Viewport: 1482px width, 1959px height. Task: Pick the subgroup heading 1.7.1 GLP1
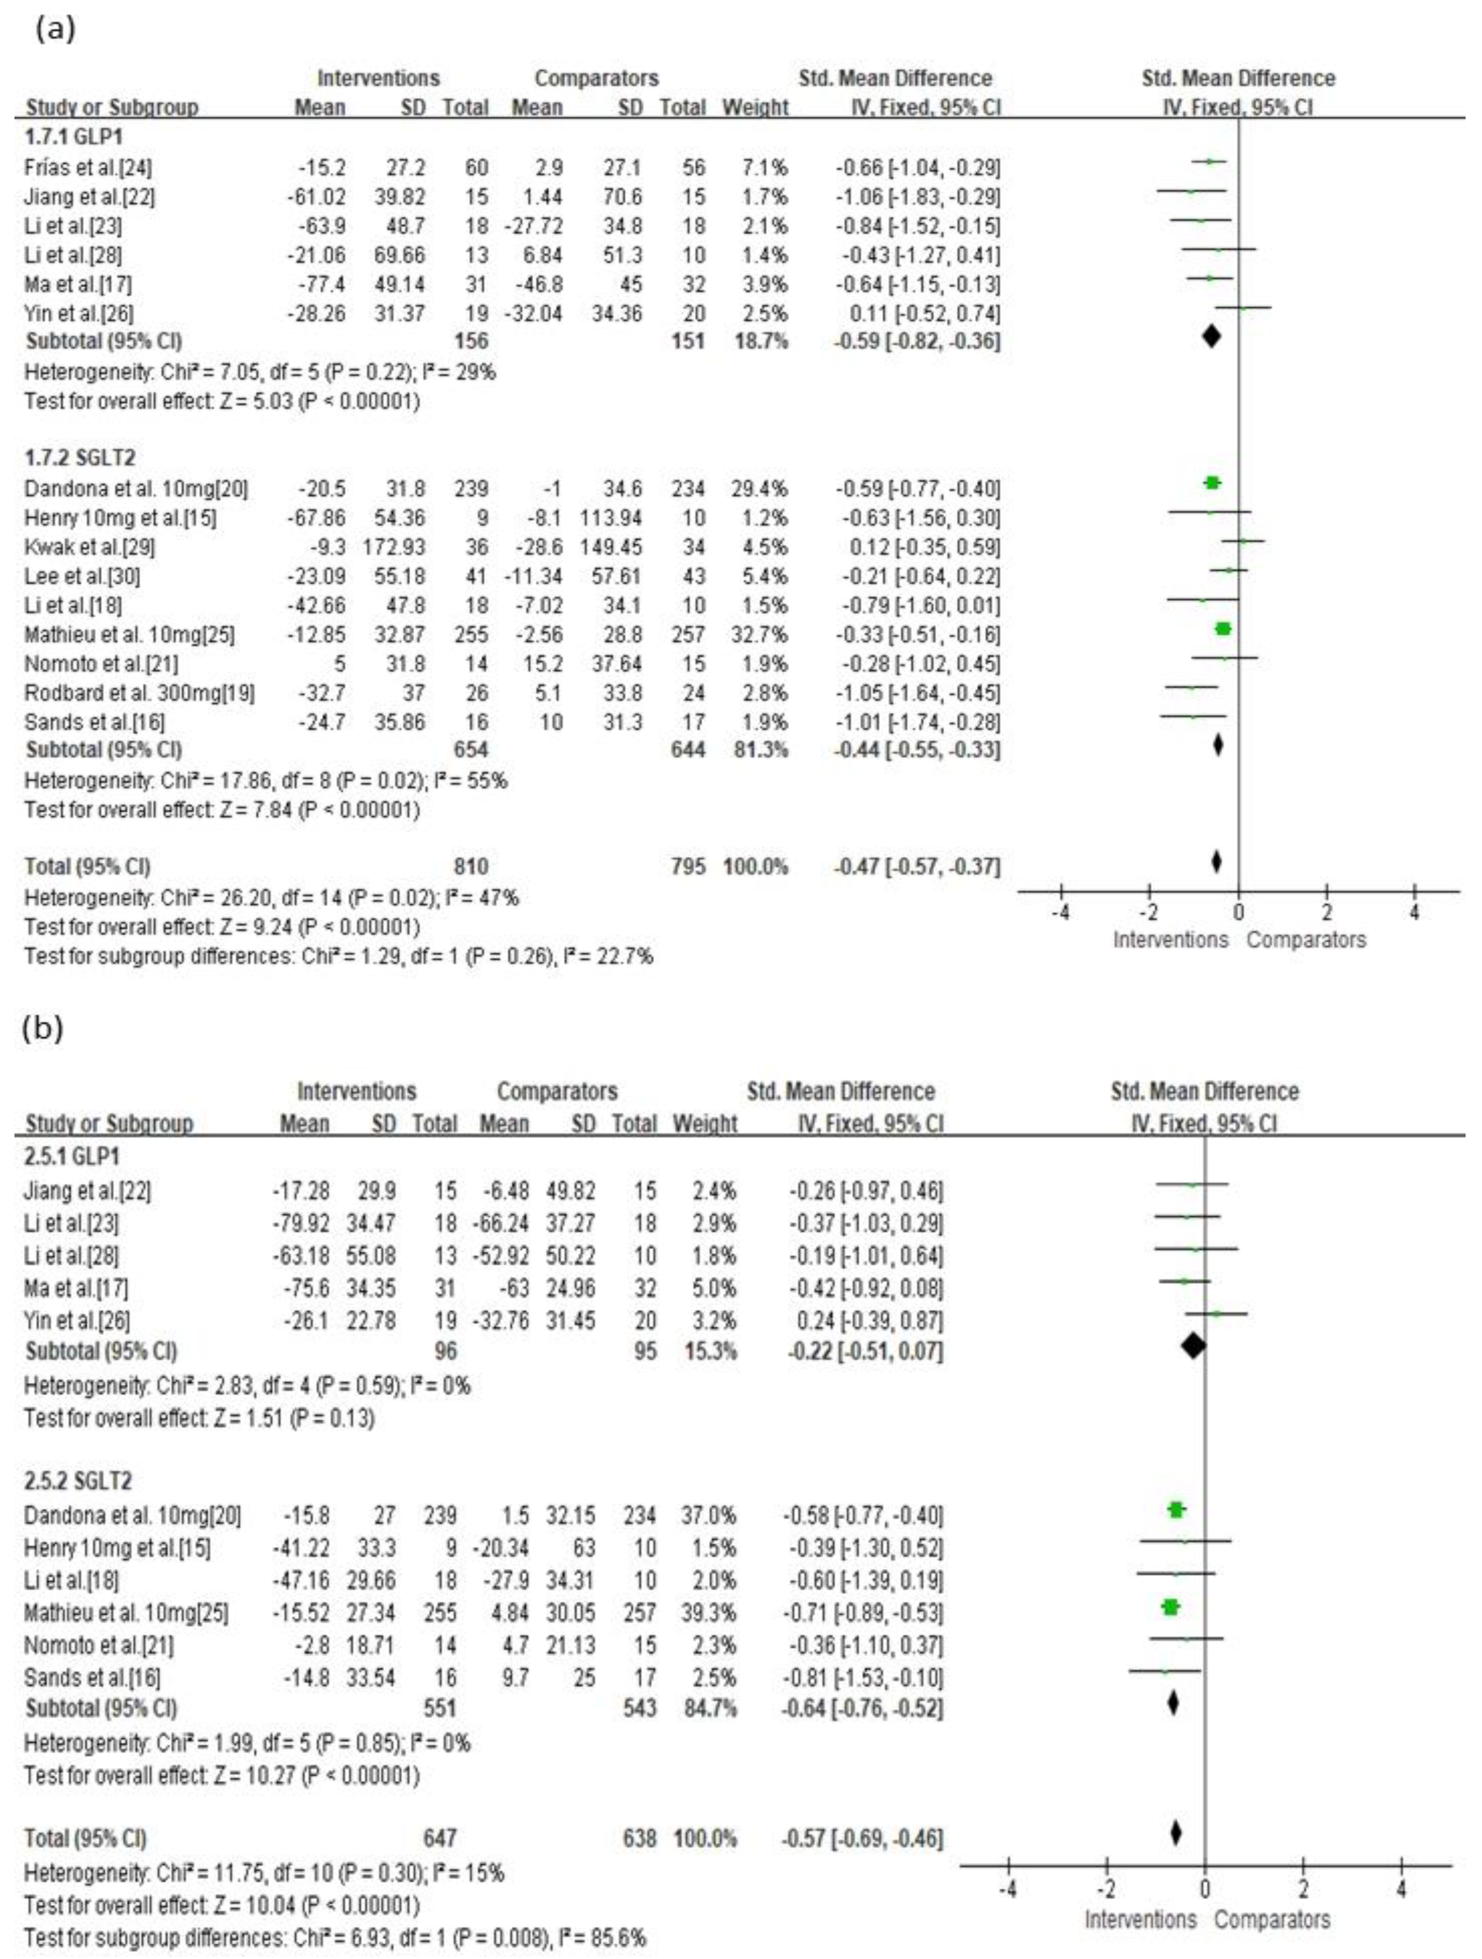click(x=74, y=137)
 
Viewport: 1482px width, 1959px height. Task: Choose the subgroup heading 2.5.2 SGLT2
click(x=79, y=1481)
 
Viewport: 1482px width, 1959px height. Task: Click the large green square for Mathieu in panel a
click(x=1222, y=629)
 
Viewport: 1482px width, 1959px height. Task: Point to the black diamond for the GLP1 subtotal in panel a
click(x=1211, y=336)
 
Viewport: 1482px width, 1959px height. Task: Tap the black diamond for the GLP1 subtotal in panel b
click(x=1193, y=1346)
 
